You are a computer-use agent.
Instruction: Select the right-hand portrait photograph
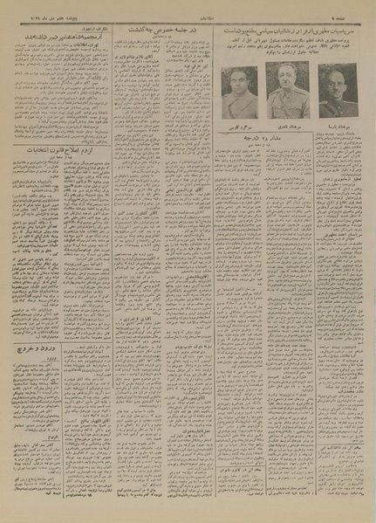(x=330, y=86)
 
